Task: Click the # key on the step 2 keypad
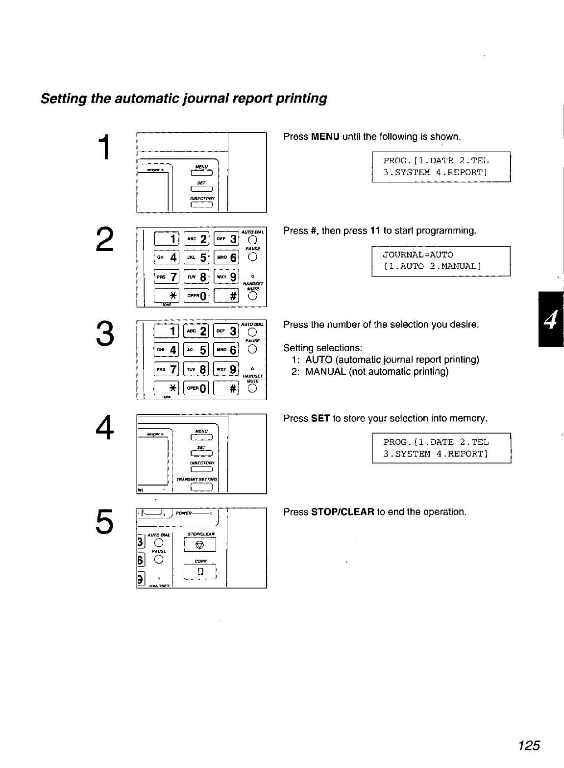point(226,295)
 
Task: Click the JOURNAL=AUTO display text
point(418,255)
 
